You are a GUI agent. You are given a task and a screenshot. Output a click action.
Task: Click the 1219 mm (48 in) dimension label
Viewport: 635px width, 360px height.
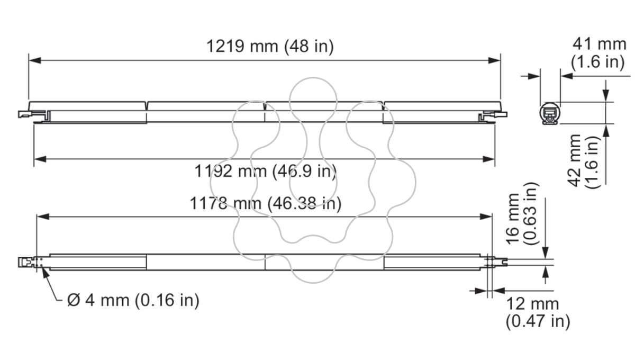click(x=270, y=46)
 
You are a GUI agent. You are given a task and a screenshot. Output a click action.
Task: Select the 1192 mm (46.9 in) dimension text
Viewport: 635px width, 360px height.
click(x=265, y=172)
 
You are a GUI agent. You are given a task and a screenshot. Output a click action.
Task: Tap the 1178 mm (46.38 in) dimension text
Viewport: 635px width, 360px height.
click(x=265, y=203)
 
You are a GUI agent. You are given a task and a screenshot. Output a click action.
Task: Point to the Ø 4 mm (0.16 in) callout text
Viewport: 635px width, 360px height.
click(x=133, y=300)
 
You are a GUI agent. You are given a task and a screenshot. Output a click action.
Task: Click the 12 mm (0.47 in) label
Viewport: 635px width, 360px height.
click(x=538, y=313)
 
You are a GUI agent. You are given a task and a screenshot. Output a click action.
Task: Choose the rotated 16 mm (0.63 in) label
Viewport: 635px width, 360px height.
click(x=522, y=213)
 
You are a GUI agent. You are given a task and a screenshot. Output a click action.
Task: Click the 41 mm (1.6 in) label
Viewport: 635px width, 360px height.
click(x=598, y=53)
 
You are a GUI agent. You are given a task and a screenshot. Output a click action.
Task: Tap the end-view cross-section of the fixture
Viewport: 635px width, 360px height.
click(x=550, y=113)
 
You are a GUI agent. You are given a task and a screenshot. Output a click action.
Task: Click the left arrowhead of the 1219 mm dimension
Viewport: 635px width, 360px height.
click(x=34, y=60)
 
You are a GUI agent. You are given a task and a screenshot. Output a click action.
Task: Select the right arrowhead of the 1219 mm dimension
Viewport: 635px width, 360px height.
click(x=494, y=60)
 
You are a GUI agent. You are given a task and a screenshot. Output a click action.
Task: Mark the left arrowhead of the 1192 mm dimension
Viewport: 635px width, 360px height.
click(x=40, y=159)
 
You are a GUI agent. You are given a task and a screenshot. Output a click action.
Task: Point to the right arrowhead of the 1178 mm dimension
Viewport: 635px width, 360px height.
click(x=486, y=217)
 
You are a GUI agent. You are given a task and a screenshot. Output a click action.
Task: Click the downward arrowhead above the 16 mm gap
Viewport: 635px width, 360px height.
click(x=546, y=253)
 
